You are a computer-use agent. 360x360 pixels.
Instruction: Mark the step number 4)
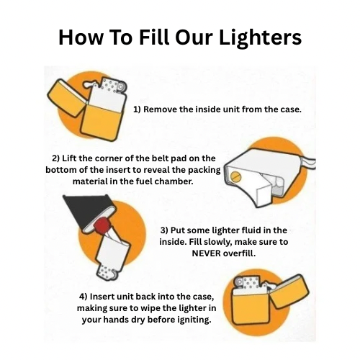click(x=84, y=295)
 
